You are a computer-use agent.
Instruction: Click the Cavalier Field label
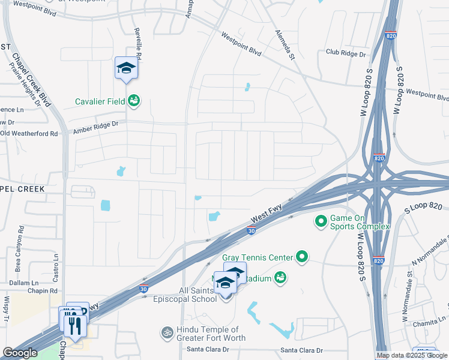coord(100,101)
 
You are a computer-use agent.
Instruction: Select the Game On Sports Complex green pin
coord(321,222)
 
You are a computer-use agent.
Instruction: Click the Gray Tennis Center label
coord(257,257)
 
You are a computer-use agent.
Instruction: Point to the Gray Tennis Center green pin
coord(301,257)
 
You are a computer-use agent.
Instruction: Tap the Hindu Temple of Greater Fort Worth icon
coord(167,332)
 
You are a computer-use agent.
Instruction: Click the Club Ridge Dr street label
coord(346,53)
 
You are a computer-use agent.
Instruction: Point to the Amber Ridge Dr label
coord(96,127)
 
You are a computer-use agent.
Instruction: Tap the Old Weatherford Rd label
coord(29,133)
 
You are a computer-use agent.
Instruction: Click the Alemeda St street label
coord(285,45)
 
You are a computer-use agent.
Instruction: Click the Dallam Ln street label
coord(23,283)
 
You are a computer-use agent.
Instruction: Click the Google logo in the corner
coord(20,353)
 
